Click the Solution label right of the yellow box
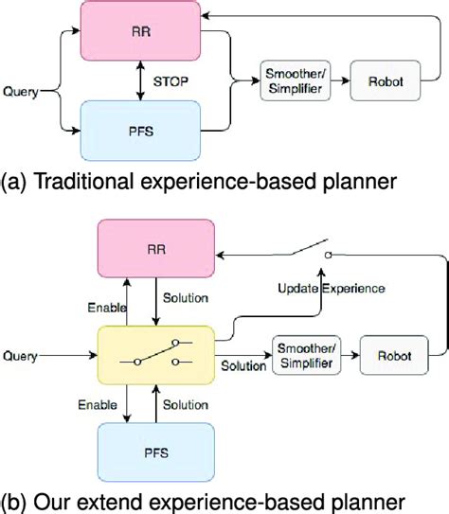243,364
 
